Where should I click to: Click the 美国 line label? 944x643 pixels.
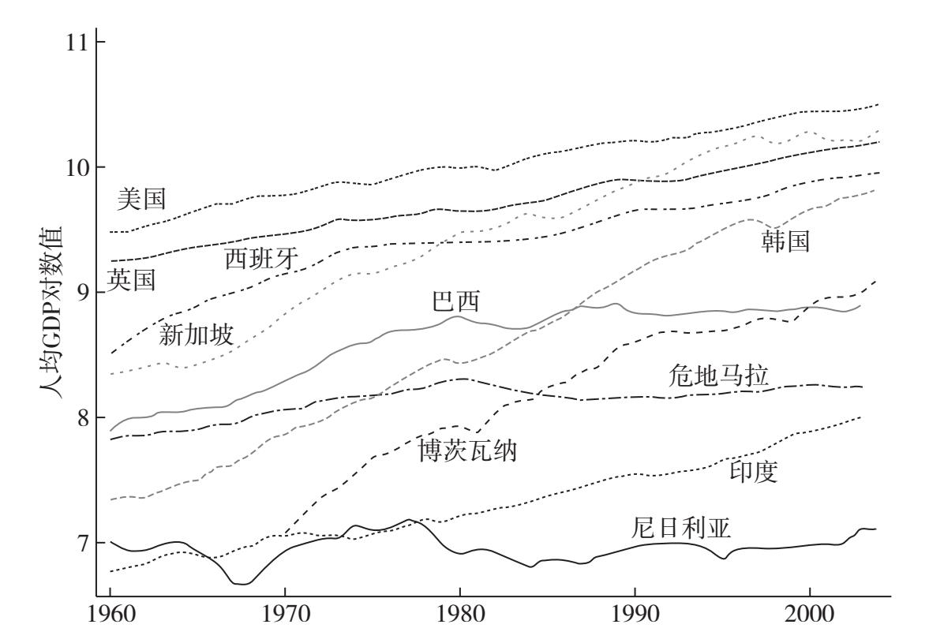[x=141, y=200]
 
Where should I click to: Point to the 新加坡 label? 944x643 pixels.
[x=196, y=335]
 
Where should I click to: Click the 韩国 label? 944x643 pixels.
[x=785, y=242]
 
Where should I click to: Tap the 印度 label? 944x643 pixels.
[x=753, y=472]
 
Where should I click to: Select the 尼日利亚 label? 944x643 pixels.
[x=682, y=526]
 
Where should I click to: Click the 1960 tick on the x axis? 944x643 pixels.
[x=110, y=623]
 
